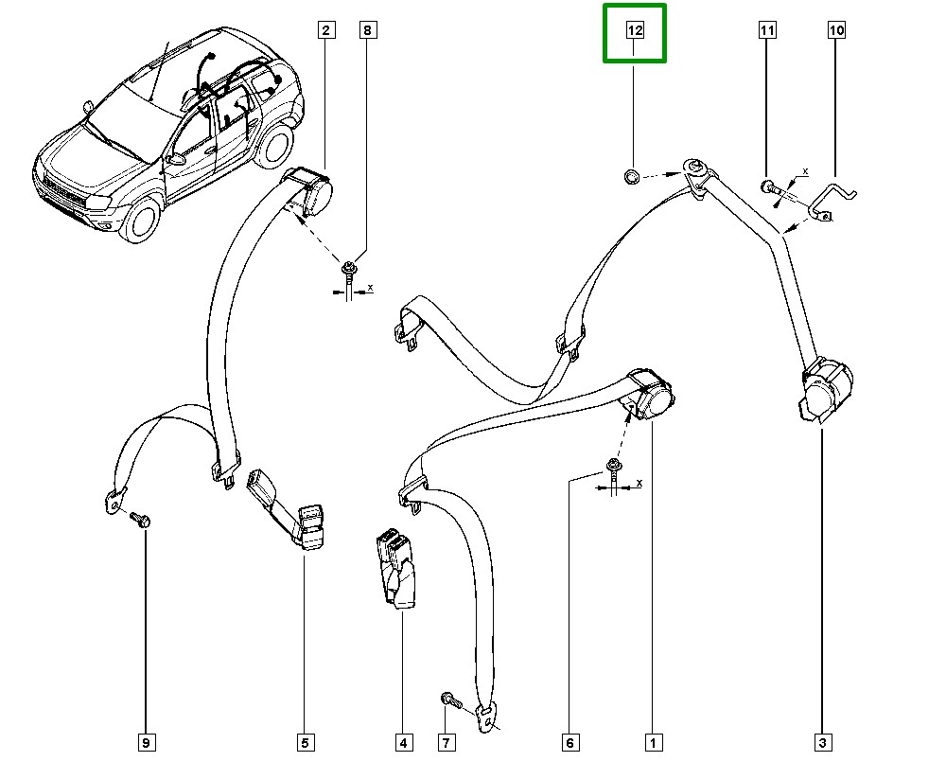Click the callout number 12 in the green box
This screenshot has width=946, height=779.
click(635, 31)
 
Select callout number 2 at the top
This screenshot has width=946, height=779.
click(325, 31)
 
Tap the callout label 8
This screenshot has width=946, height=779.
click(367, 31)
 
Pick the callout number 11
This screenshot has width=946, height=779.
click(767, 31)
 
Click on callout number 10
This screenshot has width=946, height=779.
click(836, 31)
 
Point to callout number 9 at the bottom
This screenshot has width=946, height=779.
click(146, 743)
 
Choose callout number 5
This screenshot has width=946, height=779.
click(306, 743)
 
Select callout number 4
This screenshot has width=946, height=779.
click(403, 743)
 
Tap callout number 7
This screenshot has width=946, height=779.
click(446, 743)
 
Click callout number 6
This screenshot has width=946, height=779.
click(569, 743)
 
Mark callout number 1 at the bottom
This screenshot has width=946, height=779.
click(652, 743)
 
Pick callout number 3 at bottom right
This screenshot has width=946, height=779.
click(822, 743)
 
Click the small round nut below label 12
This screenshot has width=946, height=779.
click(632, 175)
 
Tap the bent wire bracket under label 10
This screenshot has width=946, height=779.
click(832, 200)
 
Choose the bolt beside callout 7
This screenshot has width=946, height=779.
click(450, 700)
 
